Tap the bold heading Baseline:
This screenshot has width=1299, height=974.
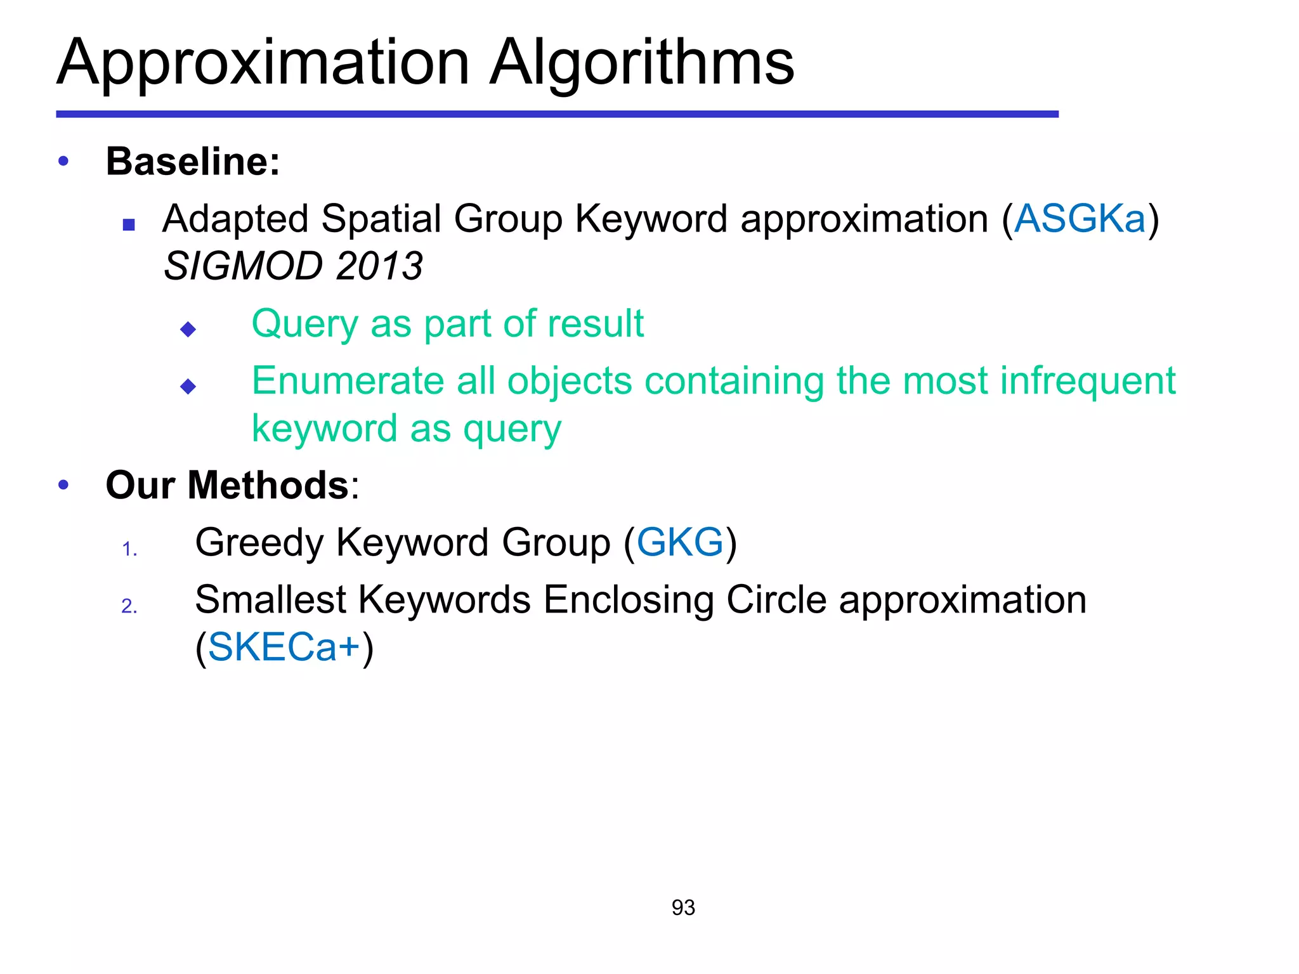193,161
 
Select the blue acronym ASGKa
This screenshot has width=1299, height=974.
1080,219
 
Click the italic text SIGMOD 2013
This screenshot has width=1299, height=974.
293,266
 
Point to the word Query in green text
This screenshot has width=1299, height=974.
304,325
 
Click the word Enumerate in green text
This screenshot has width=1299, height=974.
348,382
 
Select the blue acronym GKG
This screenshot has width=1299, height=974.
679,543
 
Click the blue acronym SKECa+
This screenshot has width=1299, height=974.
284,648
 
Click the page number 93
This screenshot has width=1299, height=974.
683,908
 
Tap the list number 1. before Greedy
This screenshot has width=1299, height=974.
129,549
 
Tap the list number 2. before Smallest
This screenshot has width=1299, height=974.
129,606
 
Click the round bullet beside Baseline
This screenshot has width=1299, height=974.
63,162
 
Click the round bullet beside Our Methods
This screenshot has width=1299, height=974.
63,486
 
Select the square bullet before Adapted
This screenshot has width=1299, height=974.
129,224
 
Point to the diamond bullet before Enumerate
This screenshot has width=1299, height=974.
188,386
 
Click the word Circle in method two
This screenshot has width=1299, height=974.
776,600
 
